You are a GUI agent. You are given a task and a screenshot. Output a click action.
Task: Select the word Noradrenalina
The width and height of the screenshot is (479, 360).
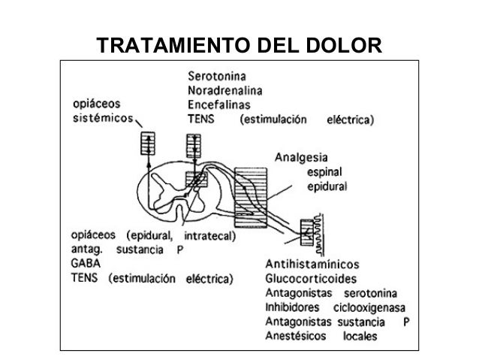[x=229, y=91]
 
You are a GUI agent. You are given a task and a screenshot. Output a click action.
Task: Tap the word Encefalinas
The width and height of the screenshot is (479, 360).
[x=219, y=104]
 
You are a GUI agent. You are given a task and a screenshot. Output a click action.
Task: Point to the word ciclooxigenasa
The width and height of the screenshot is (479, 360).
[x=375, y=307]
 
